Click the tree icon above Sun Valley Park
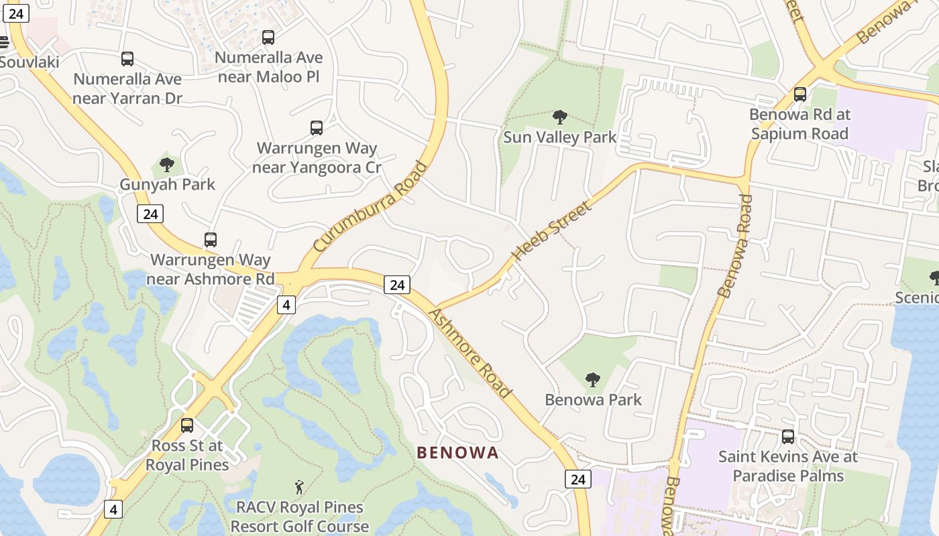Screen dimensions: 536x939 click(559, 118)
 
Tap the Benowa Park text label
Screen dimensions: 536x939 click(593, 399)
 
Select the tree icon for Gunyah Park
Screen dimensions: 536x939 click(167, 164)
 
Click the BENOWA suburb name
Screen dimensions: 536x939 click(458, 453)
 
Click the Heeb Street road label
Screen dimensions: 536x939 click(552, 230)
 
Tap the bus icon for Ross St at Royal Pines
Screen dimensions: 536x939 click(187, 425)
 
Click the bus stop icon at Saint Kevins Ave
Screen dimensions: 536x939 click(788, 437)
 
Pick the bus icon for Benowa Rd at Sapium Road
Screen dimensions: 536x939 click(799, 94)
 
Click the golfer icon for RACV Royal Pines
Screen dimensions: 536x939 click(299, 487)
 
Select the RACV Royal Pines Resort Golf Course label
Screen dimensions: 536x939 click(300, 517)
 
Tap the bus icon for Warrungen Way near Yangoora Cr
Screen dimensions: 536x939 click(317, 127)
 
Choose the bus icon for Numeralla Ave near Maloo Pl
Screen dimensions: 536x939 click(268, 38)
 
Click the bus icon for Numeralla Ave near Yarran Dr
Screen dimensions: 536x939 click(127, 59)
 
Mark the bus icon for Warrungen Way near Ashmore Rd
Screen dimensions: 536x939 click(211, 239)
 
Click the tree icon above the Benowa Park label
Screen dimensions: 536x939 click(592, 380)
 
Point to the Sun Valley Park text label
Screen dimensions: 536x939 click(559, 137)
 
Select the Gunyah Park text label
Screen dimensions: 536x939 click(167, 184)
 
